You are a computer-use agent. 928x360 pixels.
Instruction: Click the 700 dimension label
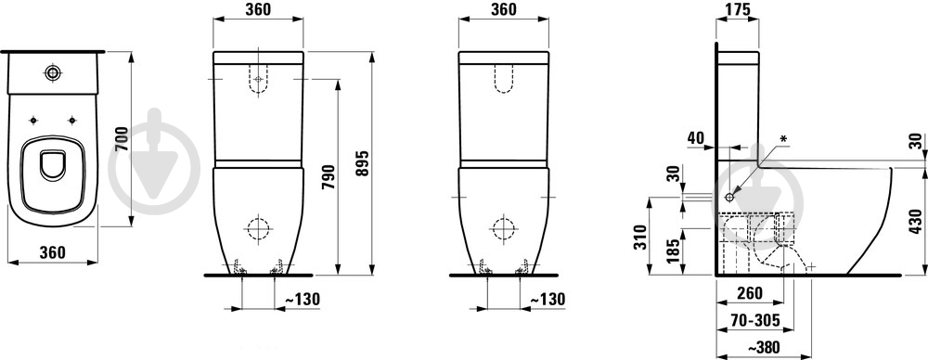pos(122,139)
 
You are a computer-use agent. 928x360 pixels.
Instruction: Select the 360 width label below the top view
pos(51,251)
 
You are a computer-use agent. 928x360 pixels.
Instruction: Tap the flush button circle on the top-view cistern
pos(53,72)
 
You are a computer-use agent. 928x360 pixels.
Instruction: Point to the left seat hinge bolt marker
pos(33,121)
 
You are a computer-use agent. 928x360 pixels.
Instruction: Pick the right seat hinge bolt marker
pos(72,121)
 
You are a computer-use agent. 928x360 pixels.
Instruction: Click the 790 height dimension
pos(329,176)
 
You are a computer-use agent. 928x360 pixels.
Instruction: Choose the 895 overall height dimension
pos(362,163)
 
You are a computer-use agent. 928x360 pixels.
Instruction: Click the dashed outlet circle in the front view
pos(257,228)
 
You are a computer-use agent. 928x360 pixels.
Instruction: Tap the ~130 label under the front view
pos(303,300)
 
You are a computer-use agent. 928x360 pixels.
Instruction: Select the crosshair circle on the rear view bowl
pos(504,228)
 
